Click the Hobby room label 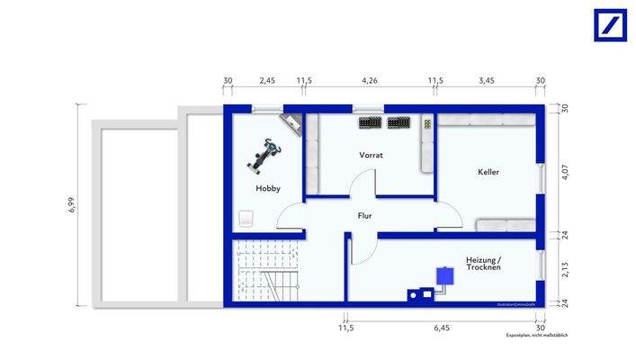(x=267, y=189)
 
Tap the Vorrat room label (x=372, y=155)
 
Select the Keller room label (x=488, y=172)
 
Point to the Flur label (x=364, y=216)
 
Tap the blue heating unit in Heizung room (x=443, y=275)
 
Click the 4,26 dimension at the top (x=369, y=81)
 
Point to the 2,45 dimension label (x=267, y=81)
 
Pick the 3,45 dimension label (x=486, y=81)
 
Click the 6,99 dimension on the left (x=71, y=206)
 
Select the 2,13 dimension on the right (x=564, y=268)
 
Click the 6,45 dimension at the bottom (x=441, y=328)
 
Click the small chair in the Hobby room (x=246, y=219)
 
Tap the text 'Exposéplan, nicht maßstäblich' (x=536, y=335)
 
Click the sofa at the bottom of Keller (x=506, y=225)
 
